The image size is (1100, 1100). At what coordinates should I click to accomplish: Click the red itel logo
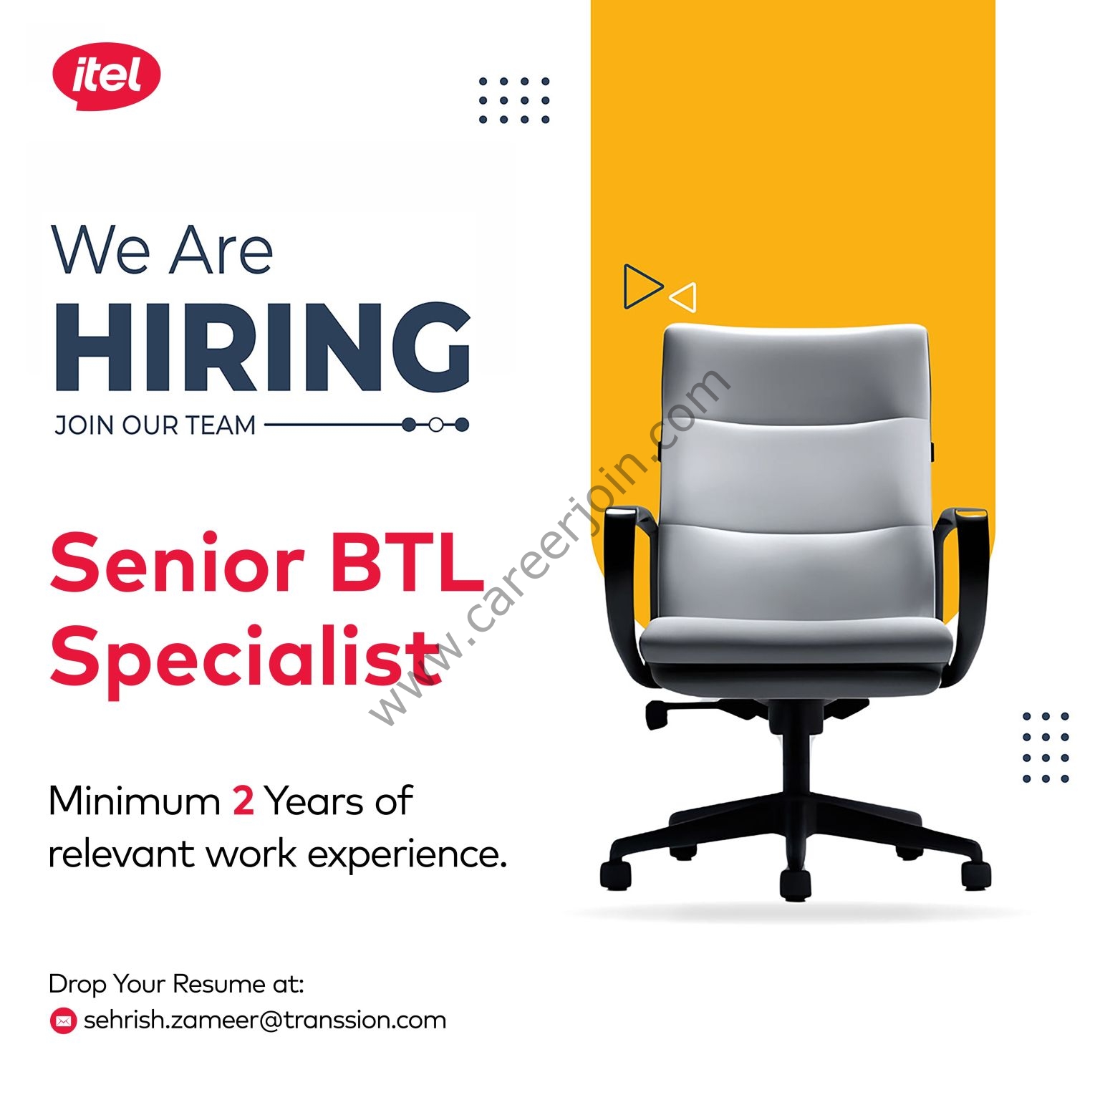tap(106, 76)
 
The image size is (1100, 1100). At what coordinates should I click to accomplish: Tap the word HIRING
tap(263, 347)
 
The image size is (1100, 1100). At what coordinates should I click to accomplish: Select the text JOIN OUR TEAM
tap(155, 425)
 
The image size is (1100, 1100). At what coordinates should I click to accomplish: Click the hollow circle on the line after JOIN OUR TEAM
tap(435, 425)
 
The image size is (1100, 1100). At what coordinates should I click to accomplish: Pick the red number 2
tap(243, 801)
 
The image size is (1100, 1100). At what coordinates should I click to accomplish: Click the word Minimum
tap(134, 801)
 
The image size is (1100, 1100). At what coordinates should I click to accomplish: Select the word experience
tap(407, 855)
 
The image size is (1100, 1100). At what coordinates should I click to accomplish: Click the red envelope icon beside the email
tap(63, 1021)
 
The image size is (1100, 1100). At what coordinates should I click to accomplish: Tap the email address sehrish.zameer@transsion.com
tap(265, 1020)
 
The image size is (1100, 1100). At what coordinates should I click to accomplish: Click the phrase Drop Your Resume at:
tap(176, 985)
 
